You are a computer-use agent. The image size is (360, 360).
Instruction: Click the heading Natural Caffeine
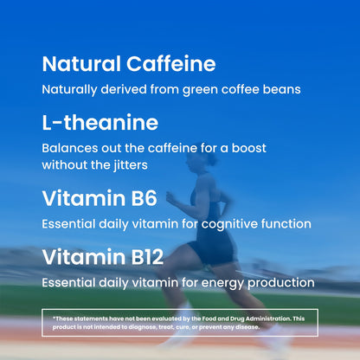pyautogui.click(x=129, y=64)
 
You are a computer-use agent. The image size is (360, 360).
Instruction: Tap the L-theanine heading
pyautogui.click(x=100, y=122)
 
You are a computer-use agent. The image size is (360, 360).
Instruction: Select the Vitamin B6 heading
pyautogui.click(x=100, y=198)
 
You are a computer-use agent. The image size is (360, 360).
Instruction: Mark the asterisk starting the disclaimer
pyautogui.click(x=54, y=317)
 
